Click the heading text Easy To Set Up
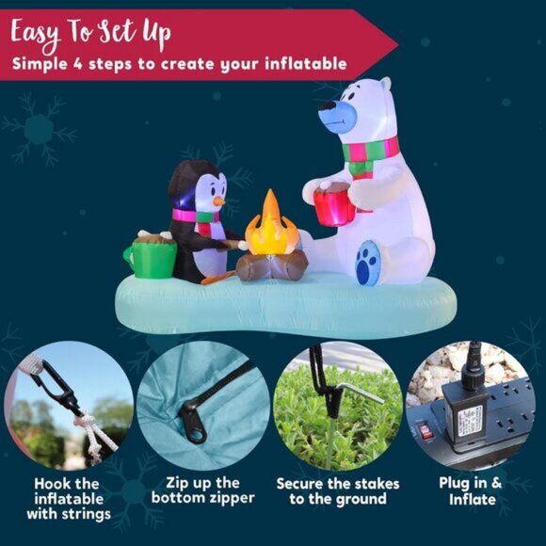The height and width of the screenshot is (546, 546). (x=91, y=34)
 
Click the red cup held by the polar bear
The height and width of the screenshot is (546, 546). (x=332, y=205)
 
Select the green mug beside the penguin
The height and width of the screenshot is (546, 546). (x=151, y=257)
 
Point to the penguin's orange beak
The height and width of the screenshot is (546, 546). (x=217, y=201)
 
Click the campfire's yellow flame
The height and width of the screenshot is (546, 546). (x=269, y=228)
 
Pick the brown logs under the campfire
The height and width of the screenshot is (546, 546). (x=271, y=266)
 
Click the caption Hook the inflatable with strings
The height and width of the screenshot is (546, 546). (x=68, y=498)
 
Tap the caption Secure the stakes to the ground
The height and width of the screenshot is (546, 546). (x=337, y=490)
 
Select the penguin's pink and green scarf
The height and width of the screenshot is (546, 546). (x=196, y=218)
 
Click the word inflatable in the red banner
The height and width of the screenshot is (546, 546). (x=301, y=65)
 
